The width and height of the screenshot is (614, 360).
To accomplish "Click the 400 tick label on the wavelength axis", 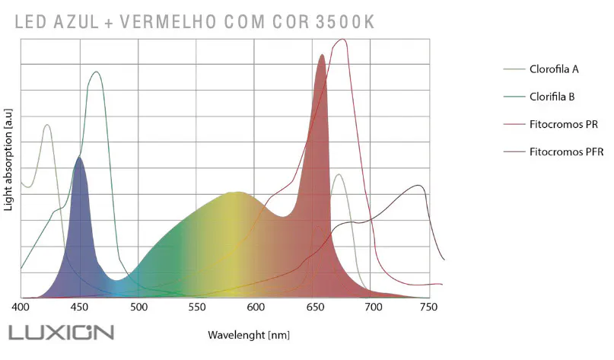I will click(21, 307).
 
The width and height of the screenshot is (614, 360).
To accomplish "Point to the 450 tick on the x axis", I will click(79, 307).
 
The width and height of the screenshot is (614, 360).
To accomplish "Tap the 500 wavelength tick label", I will click(138, 307).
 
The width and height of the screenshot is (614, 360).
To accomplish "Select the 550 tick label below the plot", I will click(196, 307).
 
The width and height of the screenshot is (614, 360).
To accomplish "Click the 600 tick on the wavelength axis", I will click(255, 307).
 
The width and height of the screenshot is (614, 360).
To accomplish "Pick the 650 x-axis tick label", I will click(313, 307).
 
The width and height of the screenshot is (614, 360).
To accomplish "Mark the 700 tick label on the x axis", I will click(371, 307).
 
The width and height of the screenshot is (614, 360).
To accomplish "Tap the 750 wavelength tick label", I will click(430, 307).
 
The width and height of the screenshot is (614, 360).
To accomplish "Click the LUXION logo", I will click(61, 333).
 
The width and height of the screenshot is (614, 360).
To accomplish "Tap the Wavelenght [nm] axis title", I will click(249, 335).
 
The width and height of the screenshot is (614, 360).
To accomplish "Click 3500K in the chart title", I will click(345, 22).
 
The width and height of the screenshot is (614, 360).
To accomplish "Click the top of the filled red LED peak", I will click(322, 55).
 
